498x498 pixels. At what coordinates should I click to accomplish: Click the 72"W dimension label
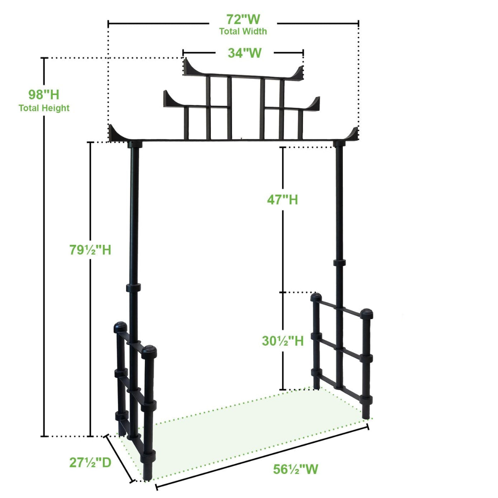point(243,19)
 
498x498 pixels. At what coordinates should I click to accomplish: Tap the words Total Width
point(243,31)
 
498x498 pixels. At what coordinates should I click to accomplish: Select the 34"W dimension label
point(244,53)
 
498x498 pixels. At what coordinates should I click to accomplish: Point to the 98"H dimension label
point(44,95)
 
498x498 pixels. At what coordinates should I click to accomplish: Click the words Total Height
point(44,108)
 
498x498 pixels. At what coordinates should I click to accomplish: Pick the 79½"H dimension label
point(90,250)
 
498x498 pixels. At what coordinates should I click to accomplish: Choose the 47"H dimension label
point(282,200)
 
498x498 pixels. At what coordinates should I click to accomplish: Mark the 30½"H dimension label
point(283,341)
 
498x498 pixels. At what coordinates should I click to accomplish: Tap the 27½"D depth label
point(90,462)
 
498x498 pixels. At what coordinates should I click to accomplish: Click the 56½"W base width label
point(295,469)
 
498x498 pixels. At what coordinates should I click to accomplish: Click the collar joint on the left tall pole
point(134,288)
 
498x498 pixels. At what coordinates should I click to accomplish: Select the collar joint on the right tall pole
point(339,262)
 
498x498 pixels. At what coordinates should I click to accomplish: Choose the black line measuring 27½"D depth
point(120,458)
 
